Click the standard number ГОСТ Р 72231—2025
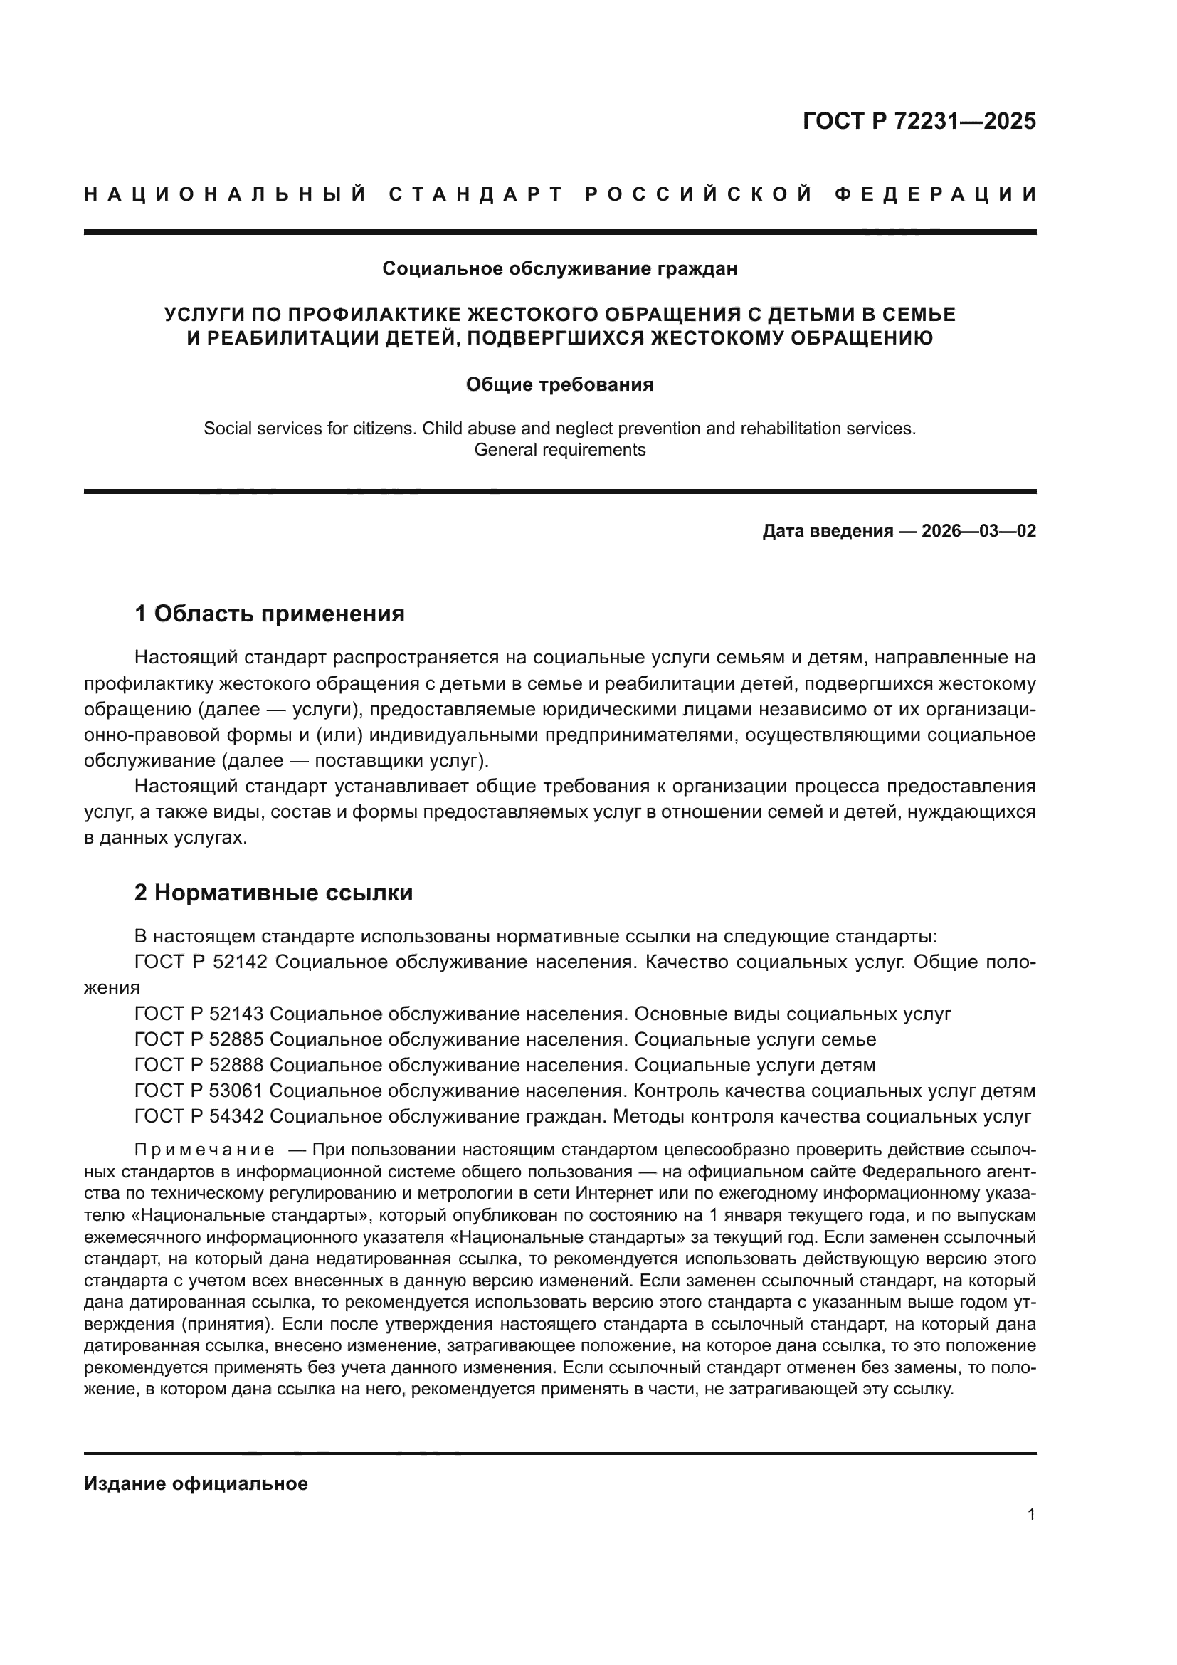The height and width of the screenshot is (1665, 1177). tap(919, 120)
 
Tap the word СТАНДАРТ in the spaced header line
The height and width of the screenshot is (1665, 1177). tap(476, 194)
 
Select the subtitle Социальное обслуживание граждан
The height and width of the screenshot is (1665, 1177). tap(559, 268)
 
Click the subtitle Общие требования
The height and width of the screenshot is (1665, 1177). tap(559, 384)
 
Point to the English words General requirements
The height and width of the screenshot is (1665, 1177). tap(559, 450)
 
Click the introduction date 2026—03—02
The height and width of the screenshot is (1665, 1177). tap(978, 531)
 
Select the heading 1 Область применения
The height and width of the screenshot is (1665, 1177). tap(270, 614)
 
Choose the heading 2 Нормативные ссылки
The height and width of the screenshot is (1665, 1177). tap(274, 893)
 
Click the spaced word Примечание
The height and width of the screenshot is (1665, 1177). tap(204, 1150)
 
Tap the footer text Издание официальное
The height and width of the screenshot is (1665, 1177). tap(196, 1483)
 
